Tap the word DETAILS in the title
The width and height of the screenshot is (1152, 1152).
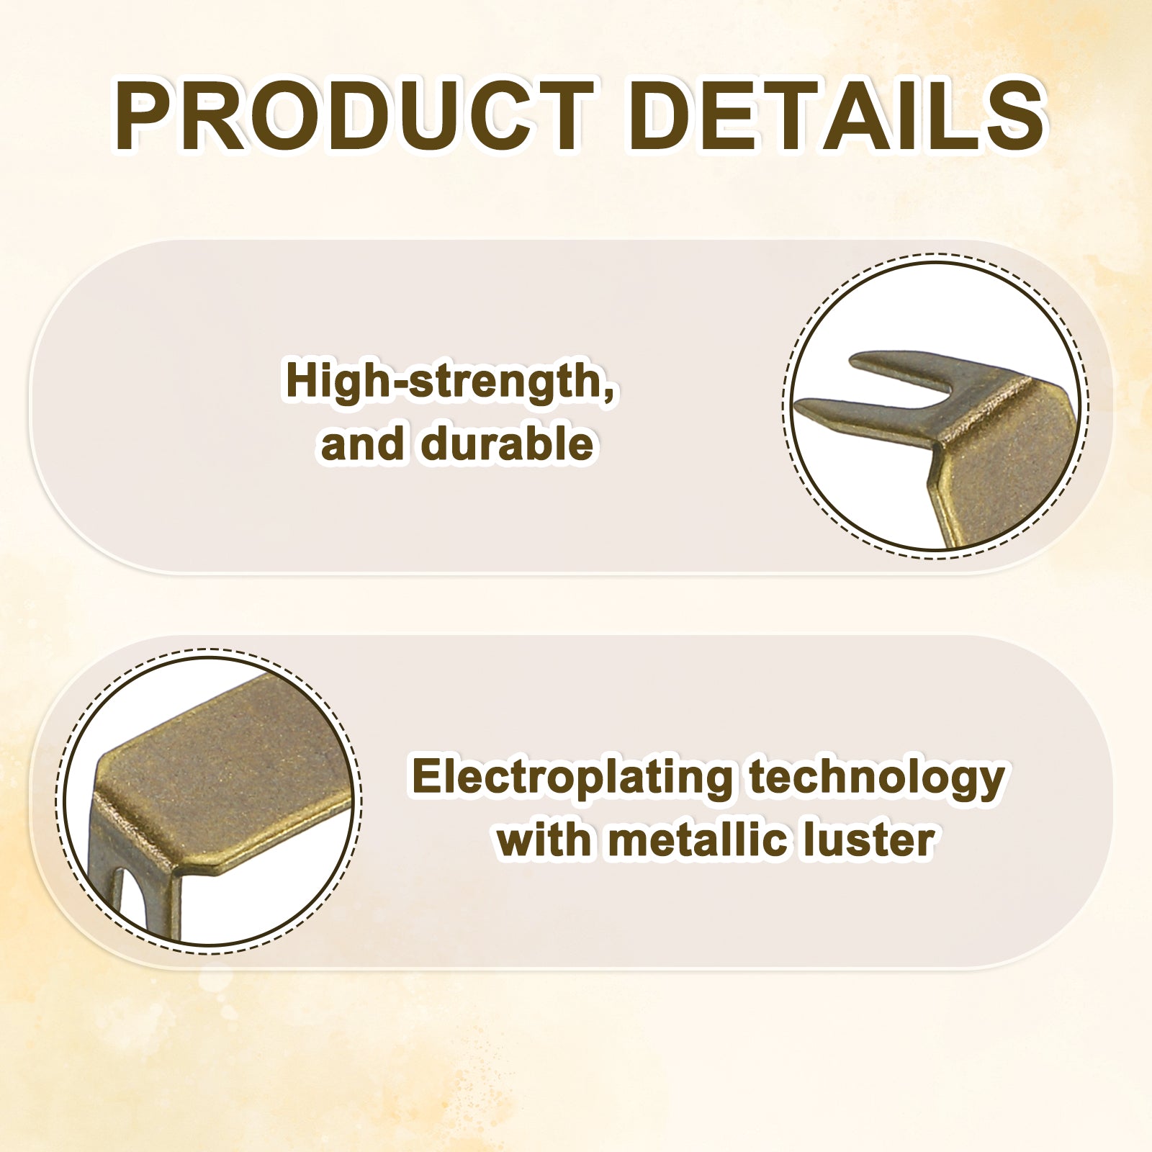coord(837,116)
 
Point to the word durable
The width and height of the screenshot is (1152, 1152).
coord(508,444)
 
